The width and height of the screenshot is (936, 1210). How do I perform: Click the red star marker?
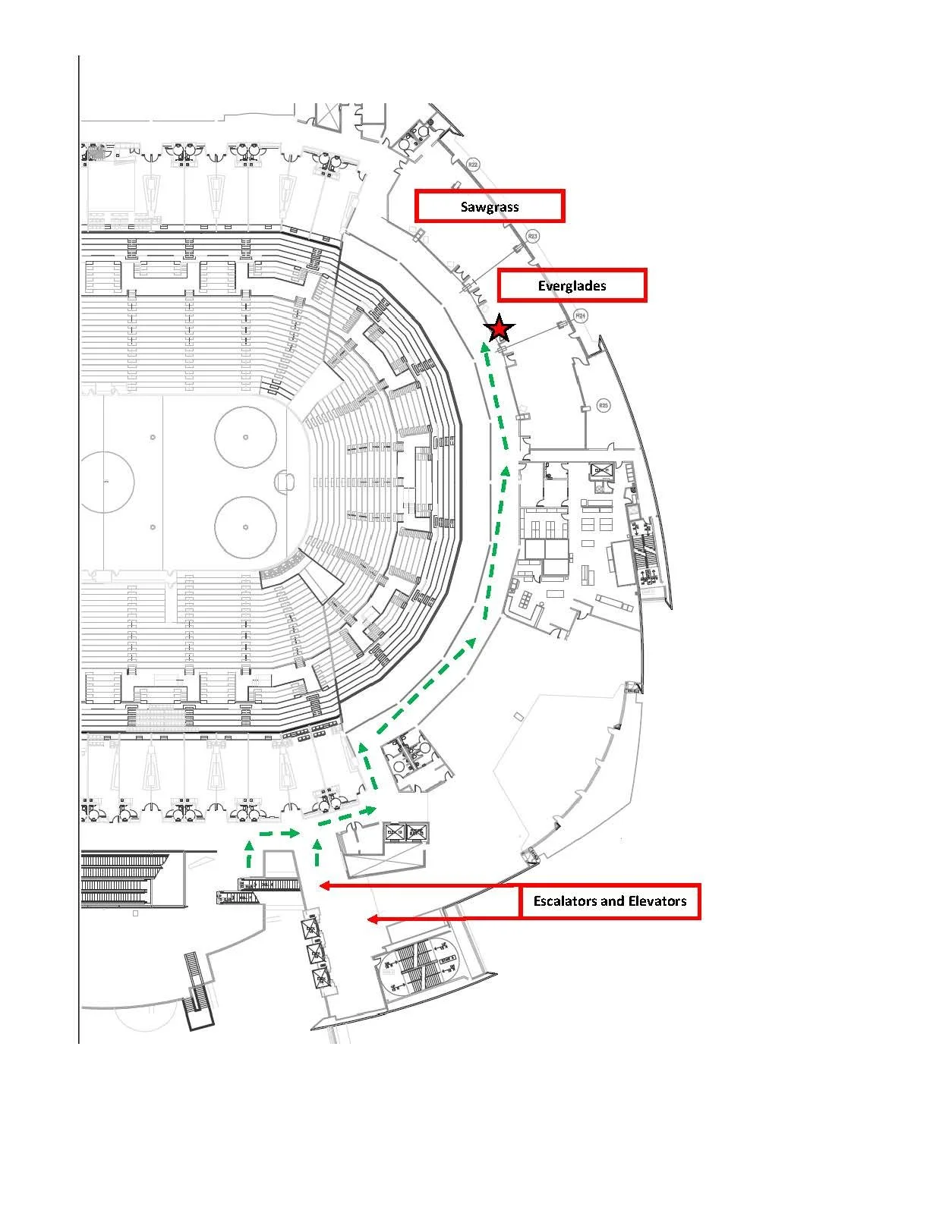coord(499,328)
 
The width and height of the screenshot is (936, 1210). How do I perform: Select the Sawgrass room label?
coord(490,206)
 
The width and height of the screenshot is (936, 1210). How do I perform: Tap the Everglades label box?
coord(572,286)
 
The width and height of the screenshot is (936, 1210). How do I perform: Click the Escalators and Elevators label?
coord(610,901)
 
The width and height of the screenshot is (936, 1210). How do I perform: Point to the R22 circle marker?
coord(473,165)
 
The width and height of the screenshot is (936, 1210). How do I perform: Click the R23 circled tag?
coord(533,236)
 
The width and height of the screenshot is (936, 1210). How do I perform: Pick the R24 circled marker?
coord(581,314)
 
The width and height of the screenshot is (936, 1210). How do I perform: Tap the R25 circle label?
coord(604,405)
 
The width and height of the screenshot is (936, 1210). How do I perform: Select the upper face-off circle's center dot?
coord(245,437)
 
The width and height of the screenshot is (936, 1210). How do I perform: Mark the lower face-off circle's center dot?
coord(245,527)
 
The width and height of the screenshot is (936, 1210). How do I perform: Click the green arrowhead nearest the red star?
coord(484,347)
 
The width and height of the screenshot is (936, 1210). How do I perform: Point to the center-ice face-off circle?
coord(106,482)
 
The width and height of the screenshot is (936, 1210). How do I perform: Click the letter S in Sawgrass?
coord(465,206)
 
